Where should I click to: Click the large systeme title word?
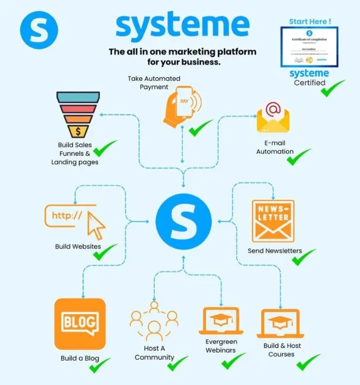coord(182,26)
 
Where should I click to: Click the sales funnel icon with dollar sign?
coord(78,114)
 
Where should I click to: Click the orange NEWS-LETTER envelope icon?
coord(274,220)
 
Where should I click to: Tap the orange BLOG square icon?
coord(79,323)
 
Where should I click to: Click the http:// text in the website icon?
coord(67,216)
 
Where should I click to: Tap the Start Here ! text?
coord(310,21)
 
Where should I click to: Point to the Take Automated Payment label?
coord(154,83)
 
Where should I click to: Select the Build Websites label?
coord(78,246)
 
